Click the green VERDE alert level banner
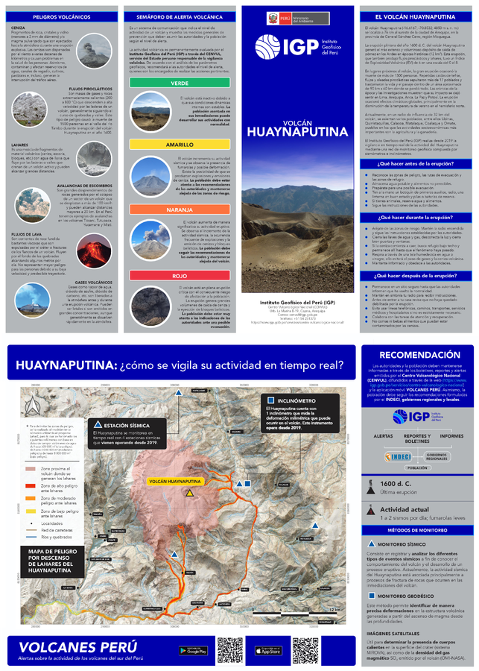[x=180, y=104]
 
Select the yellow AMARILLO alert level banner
[x=180, y=144]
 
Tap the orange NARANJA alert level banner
[x=180, y=210]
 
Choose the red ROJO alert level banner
[x=180, y=276]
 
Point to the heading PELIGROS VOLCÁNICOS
[x=60, y=16]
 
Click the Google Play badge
[x=194, y=650]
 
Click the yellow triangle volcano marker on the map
[x=189, y=493]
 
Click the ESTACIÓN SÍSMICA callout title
[x=124, y=424]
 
